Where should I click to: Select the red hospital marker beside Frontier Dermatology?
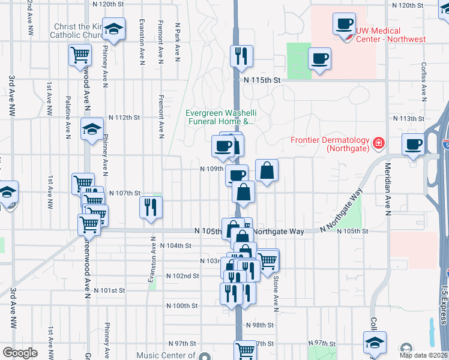[379, 143]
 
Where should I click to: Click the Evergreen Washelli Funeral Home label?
[220, 117]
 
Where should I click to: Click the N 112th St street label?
[124, 118]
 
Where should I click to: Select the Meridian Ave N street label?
[388, 189]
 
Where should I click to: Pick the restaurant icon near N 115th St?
[241, 56]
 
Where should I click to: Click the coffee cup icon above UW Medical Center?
[345, 24]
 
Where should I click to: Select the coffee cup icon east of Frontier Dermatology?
[414, 145]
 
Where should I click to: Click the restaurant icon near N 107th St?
[151, 207]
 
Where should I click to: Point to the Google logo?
[20, 353]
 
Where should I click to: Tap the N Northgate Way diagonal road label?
[342, 211]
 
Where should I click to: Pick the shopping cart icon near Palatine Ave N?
[80, 56]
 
